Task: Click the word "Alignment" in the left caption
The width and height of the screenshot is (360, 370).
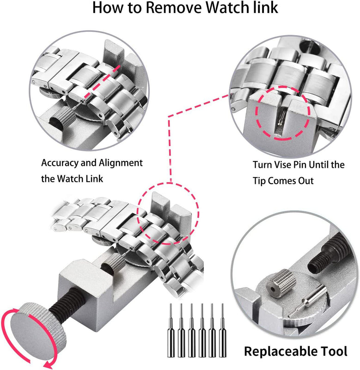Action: [x=120, y=163]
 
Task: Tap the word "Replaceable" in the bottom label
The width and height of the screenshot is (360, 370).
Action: [x=278, y=351]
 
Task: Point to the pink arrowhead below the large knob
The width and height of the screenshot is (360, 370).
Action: [x=49, y=365]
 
